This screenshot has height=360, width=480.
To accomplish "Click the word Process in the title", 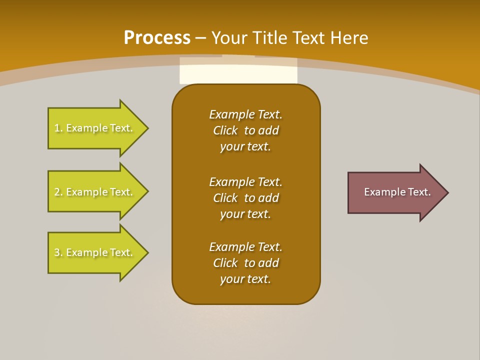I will point(157,38).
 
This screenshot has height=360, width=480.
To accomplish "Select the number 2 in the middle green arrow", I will point(57,192).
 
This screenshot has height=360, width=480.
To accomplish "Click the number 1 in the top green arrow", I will point(57,128).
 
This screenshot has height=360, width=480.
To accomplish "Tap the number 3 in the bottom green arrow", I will point(57,252).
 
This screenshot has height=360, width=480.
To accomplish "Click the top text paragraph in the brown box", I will point(245,130).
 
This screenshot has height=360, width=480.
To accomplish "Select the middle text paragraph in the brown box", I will point(245,198).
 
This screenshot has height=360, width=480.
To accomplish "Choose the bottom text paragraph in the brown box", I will point(245,263).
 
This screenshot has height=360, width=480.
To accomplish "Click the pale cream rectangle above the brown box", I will point(238,71).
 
